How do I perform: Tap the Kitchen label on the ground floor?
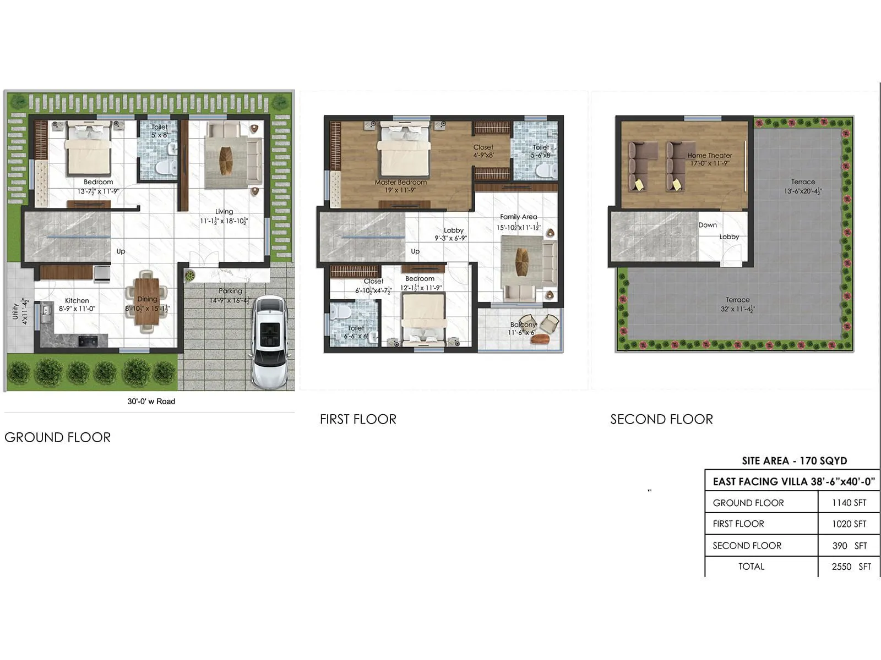(77, 301)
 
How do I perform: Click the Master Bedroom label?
(400, 183)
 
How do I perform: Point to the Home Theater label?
(709, 156)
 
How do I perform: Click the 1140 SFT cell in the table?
(849, 503)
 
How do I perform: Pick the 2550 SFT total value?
(851, 566)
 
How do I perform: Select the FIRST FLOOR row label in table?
(738, 524)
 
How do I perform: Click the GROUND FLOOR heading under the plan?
(58, 437)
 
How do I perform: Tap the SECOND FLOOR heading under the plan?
(661, 419)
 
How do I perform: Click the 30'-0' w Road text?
(151, 402)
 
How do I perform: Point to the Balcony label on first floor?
(523, 325)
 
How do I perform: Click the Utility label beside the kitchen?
(15, 312)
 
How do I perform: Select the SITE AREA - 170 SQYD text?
(794, 461)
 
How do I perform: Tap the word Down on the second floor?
(708, 225)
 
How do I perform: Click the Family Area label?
(518, 217)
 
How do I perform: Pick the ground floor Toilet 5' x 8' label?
(160, 131)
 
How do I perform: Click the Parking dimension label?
(230, 300)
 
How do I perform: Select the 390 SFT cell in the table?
(849, 546)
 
